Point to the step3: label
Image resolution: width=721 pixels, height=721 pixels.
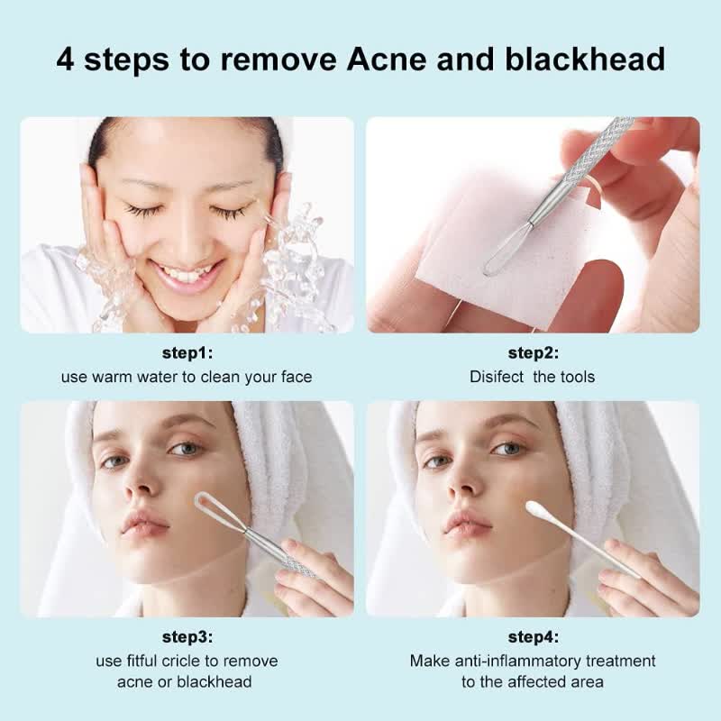tap(187, 637)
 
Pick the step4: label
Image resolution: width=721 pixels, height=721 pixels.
tap(533, 637)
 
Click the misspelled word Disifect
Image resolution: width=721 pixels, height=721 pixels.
tap(497, 377)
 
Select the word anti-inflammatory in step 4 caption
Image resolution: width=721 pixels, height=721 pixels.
tap(552, 662)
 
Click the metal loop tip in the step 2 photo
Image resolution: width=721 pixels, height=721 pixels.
tap(497, 256)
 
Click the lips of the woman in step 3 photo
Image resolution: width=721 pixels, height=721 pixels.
tap(144, 523)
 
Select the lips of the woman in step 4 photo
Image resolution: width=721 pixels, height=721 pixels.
tap(467, 523)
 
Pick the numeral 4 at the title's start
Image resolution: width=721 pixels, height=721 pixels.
tap(66, 59)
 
